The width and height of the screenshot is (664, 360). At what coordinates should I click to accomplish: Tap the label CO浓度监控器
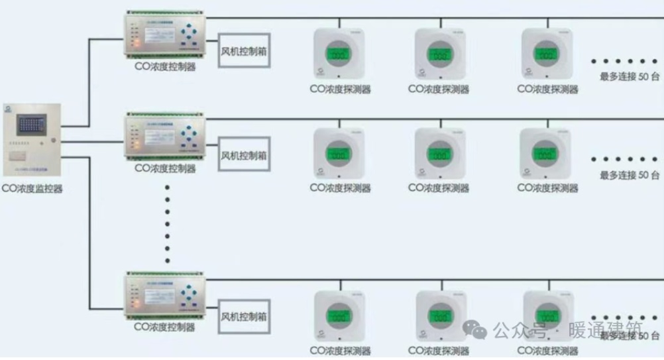(x=32, y=189)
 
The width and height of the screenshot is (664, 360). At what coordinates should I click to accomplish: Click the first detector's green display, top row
(x=339, y=54)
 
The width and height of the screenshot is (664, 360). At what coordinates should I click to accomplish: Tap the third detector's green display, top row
(x=546, y=55)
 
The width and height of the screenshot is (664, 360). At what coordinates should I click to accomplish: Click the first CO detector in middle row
(x=339, y=153)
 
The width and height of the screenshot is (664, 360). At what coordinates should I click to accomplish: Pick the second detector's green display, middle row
(x=439, y=156)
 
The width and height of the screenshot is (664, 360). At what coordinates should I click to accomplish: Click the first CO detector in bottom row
(x=339, y=316)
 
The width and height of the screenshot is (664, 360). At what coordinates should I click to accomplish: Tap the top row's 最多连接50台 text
(x=630, y=77)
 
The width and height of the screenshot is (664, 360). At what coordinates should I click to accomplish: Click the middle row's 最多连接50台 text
(x=630, y=175)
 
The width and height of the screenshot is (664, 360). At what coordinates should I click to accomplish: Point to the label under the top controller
(x=164, y=67)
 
